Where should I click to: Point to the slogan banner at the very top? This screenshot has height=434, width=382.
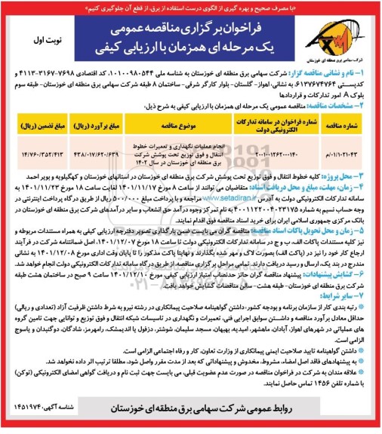click(190, 6)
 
